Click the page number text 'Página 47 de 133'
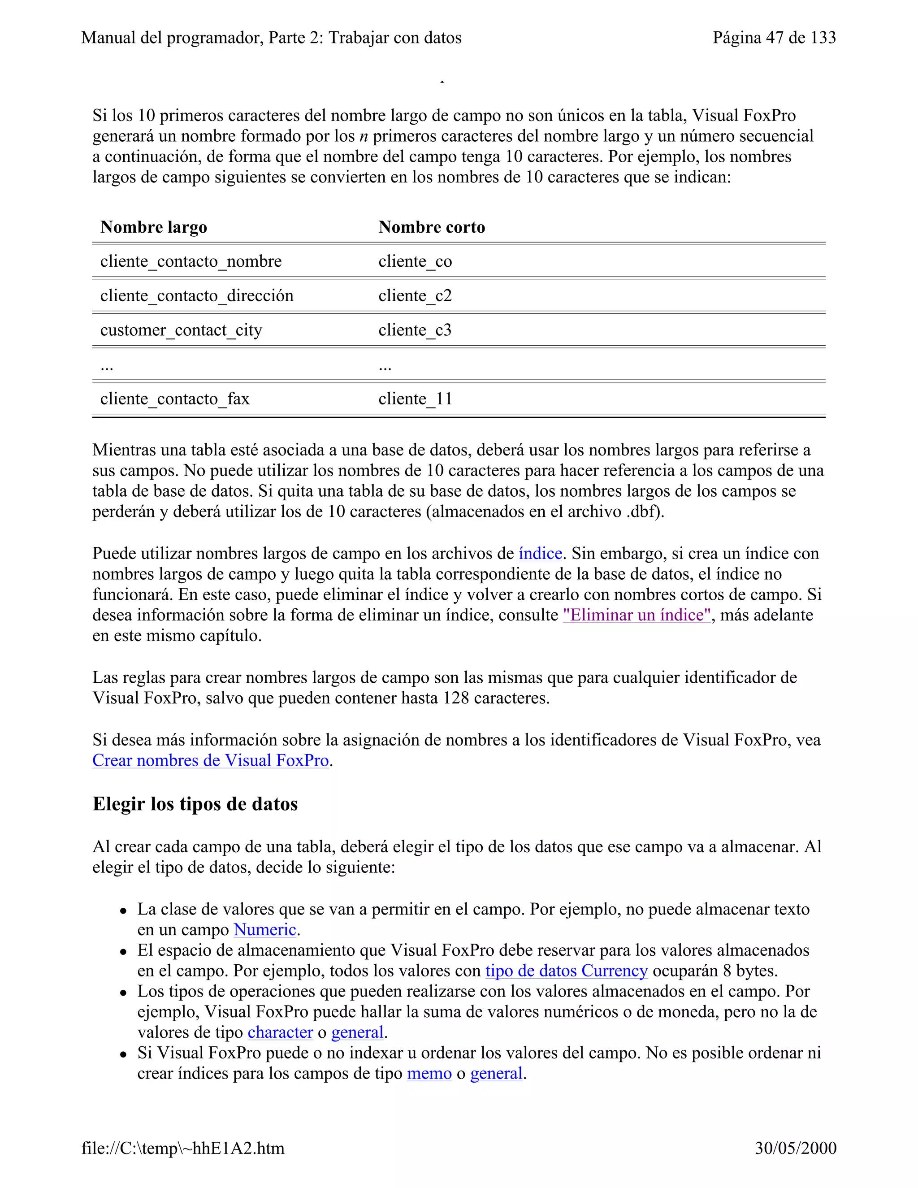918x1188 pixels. [x=774, y=38]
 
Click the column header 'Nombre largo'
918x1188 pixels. [x=153, y=227]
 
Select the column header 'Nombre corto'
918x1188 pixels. [x=431, y=227]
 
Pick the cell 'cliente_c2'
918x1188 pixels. [x=415, y=295]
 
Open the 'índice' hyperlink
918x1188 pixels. [x=540, y=553]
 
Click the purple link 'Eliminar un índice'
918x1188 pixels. [x=637, y=615]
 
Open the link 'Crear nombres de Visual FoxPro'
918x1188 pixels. [x=211, y=760]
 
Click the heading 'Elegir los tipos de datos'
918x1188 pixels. [x=195, y=804]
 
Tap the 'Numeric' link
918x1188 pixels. [x=265, y=930]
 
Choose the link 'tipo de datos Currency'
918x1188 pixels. [x=566, y=971]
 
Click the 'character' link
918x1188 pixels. [x=280, y=1032]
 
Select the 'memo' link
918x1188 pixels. [x=429, y=1073]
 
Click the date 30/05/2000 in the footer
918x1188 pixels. [x=795, y=1148]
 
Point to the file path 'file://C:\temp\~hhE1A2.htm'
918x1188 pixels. [x=183, y=1148]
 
